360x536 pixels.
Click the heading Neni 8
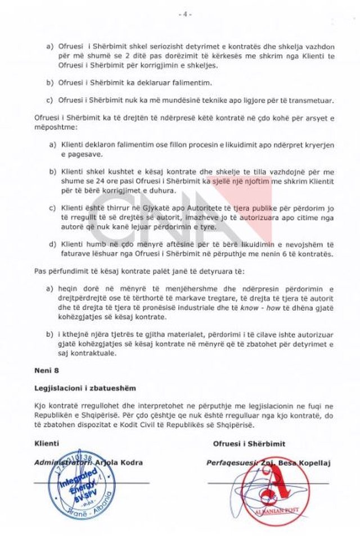tap(45, 372)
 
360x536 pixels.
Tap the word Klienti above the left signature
tap(47, 444)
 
